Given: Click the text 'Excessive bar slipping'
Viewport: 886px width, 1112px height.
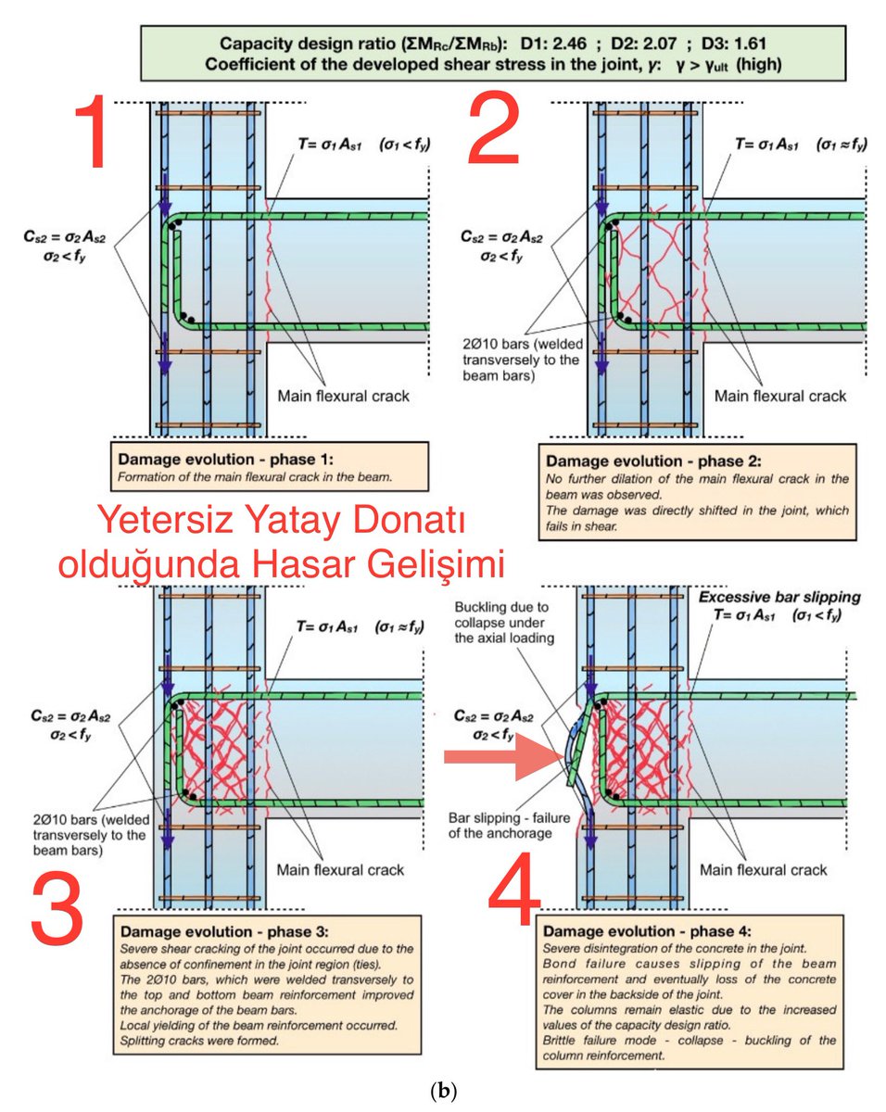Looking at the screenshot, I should (x=780, y=597).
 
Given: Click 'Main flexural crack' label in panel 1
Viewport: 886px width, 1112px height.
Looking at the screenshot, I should (x=343, y=397).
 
